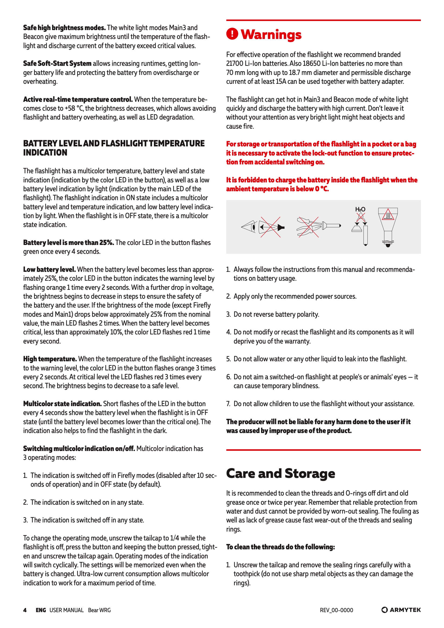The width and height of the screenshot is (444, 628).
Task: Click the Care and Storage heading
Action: [280, 474]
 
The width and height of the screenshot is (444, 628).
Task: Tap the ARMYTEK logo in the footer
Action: [401, 610]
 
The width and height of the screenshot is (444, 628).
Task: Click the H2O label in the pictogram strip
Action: [360, 209]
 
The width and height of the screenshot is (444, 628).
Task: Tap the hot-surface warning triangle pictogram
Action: [388, 215]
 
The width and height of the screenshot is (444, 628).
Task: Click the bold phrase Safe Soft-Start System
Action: [57, 63]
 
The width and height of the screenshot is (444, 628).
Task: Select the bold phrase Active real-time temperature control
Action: [78, 99]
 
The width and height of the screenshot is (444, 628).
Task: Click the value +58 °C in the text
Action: [74, 108]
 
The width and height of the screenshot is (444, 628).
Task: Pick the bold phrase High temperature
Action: [50, 359]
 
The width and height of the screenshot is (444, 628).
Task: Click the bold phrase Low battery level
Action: [49, 269]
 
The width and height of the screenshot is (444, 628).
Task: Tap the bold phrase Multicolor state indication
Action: [62, 404]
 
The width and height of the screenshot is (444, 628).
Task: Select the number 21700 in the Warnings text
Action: [234, 63]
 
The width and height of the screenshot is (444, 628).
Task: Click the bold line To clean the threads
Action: [280, 547]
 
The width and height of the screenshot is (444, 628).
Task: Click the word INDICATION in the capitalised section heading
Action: [45, 153]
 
